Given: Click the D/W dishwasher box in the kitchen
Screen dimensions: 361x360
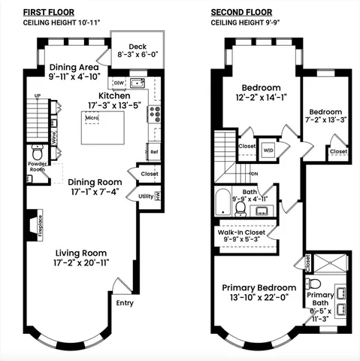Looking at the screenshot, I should (119, 83).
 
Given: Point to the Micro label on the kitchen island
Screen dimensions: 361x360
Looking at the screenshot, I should (92, 118).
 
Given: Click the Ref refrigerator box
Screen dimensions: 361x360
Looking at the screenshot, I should (154, 151).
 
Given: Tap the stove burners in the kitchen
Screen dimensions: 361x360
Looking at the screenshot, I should (155, 114).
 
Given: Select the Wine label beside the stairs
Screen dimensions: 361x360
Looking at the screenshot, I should (54, 138).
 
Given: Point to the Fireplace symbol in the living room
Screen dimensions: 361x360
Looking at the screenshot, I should (30, 223).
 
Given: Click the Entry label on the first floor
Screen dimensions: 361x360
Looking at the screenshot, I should (125, 303).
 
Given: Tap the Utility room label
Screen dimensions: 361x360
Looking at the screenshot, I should (146, 196).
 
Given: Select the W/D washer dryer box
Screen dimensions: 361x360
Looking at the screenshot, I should (268, 150).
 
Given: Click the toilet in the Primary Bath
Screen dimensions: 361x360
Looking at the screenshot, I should (316, 283).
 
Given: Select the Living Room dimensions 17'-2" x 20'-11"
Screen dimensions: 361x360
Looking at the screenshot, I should (79, 264).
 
